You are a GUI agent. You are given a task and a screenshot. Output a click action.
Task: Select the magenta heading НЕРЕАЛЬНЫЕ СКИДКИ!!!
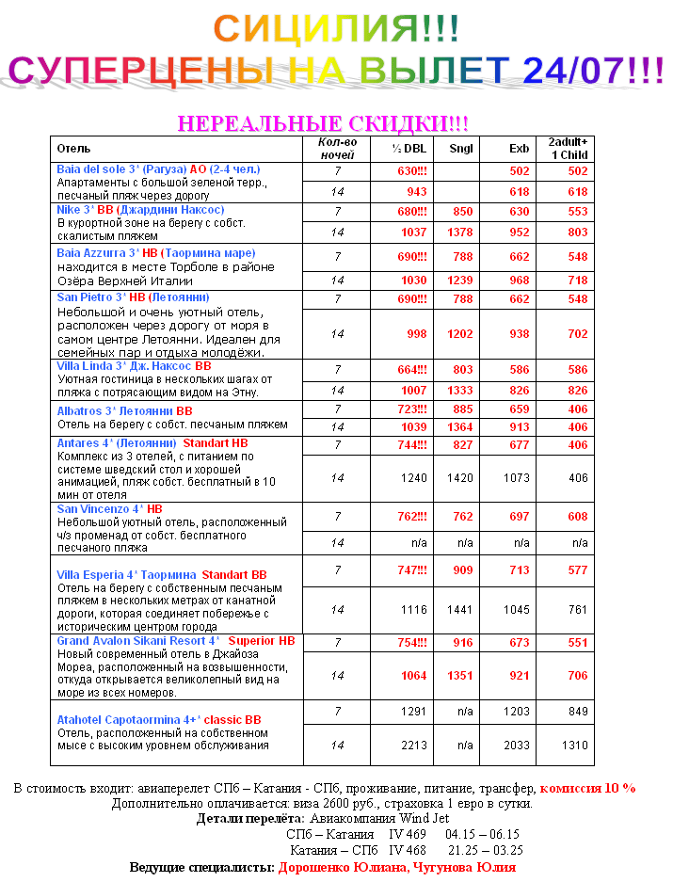pyautogui.click(x=323, y=124)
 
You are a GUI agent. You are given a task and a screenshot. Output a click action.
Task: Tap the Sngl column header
pyautogui.click(x=460, y=149)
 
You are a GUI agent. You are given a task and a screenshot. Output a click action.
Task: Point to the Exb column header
pyautogui.click(x=519, y=149)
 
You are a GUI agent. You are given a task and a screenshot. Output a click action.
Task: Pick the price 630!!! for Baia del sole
pyautogui.click(x=412, y=171)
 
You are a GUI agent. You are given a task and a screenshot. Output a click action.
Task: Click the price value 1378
pyautogui.click(x=460, y=232)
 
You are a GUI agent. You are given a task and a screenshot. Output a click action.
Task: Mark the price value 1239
pyautogui.click(x=460, y=281)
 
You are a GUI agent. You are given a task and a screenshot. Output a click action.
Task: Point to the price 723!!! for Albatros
pyautogui.click(x=411, y=410)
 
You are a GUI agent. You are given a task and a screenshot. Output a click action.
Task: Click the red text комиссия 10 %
pyautogui.click(x=588, y=788)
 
